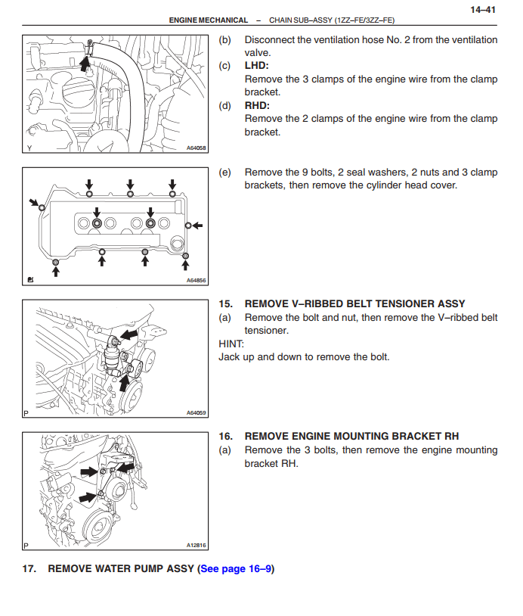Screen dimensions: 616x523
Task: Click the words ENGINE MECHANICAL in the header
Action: (209, 20)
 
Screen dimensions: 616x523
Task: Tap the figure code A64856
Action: (196, 281)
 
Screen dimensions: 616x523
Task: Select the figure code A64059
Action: (196, 413)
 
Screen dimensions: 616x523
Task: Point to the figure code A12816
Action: (196, 545)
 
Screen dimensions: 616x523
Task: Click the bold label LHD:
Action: (257, 66)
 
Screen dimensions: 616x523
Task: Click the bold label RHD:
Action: (257, 105)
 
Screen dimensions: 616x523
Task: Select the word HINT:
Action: (231, 344)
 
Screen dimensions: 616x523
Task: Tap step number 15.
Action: (224, 304)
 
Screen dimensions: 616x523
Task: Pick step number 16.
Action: (224, 436)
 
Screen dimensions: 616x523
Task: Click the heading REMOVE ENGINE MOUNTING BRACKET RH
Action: (351, 436)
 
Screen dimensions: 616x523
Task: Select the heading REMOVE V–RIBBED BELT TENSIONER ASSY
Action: (354, 304)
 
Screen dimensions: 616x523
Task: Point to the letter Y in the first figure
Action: (29, 148)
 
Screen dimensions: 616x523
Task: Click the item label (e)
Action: (224, 172)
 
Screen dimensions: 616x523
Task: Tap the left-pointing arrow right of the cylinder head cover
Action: (197, 225)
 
